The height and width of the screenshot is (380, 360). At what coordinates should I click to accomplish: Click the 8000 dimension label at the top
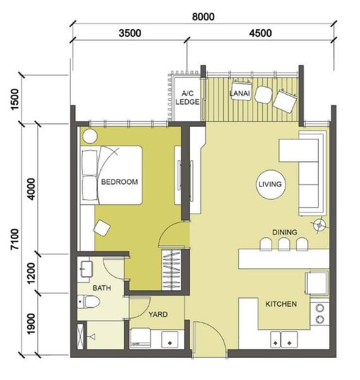point(203,16)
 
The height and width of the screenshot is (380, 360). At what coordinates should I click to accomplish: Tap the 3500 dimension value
point(130,33)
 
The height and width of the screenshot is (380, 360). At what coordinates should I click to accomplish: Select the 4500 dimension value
point(261,33)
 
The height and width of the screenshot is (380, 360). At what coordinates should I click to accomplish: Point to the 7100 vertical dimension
point(15,239)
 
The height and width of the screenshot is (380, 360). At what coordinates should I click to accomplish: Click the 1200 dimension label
point(31,274)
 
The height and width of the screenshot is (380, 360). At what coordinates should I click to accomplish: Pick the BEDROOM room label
point(120,182)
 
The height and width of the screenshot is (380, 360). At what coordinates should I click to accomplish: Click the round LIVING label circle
point(270,184)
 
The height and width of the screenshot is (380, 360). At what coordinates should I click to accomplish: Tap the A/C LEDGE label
point(187,98)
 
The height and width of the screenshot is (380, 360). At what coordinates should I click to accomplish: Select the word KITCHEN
point(281,304)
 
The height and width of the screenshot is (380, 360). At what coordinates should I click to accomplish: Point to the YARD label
point(158,314)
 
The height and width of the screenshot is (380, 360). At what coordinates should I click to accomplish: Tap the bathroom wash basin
point(87,269)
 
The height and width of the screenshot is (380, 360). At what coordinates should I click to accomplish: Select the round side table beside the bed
point(90,136)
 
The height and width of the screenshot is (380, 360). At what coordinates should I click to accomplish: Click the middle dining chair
point(284,244)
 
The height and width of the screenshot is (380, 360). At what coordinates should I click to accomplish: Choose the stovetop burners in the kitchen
point(320,314)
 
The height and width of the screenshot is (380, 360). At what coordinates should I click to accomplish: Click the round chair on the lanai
point(263,95)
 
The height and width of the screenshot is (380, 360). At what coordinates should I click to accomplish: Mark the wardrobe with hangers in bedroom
point(171,270)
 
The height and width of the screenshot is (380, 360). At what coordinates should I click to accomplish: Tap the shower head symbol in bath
point(92,337)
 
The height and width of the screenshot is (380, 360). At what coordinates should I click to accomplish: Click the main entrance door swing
point(209,339)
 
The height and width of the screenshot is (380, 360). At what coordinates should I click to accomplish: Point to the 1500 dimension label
point(15,99)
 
